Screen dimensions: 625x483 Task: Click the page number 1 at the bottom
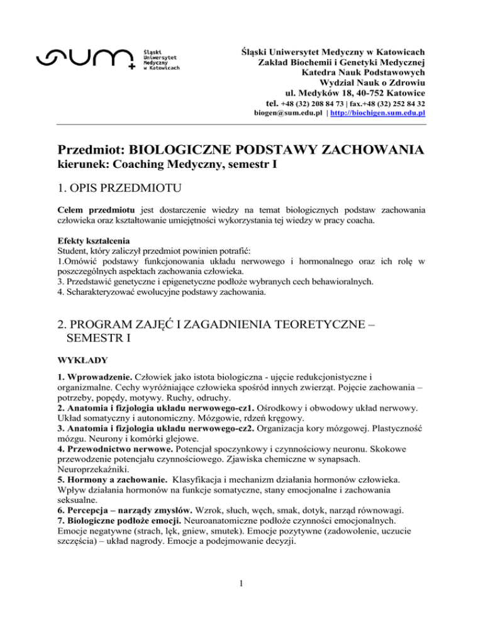[241, 597]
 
